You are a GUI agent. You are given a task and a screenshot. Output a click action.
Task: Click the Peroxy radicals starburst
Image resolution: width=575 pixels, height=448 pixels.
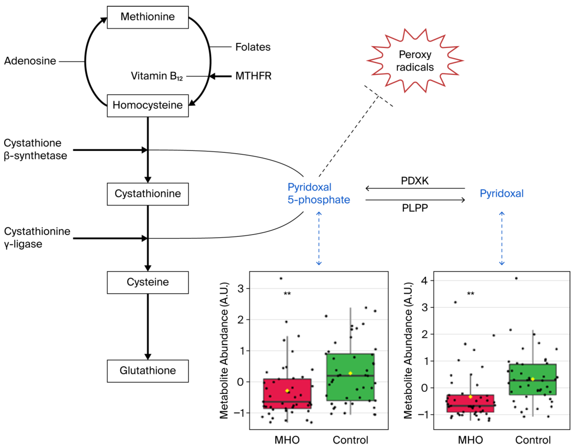click(x=415, y=61)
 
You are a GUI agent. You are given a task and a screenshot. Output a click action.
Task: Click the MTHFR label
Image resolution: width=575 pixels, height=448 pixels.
click(x=253, y=76)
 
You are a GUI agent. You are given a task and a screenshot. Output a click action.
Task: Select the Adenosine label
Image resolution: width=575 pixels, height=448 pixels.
click(x=30, y=61)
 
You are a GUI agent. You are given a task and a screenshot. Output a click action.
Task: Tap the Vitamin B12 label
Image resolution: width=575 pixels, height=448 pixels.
click(x=157, y=76)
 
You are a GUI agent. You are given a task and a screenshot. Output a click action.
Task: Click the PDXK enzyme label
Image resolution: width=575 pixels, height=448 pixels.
click(x=415, y=181)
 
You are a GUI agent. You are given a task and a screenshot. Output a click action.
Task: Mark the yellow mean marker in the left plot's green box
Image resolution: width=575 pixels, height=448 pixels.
click(x=350, y=373)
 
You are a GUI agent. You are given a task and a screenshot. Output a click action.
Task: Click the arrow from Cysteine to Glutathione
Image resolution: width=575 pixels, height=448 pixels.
click(x=148, y=327)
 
